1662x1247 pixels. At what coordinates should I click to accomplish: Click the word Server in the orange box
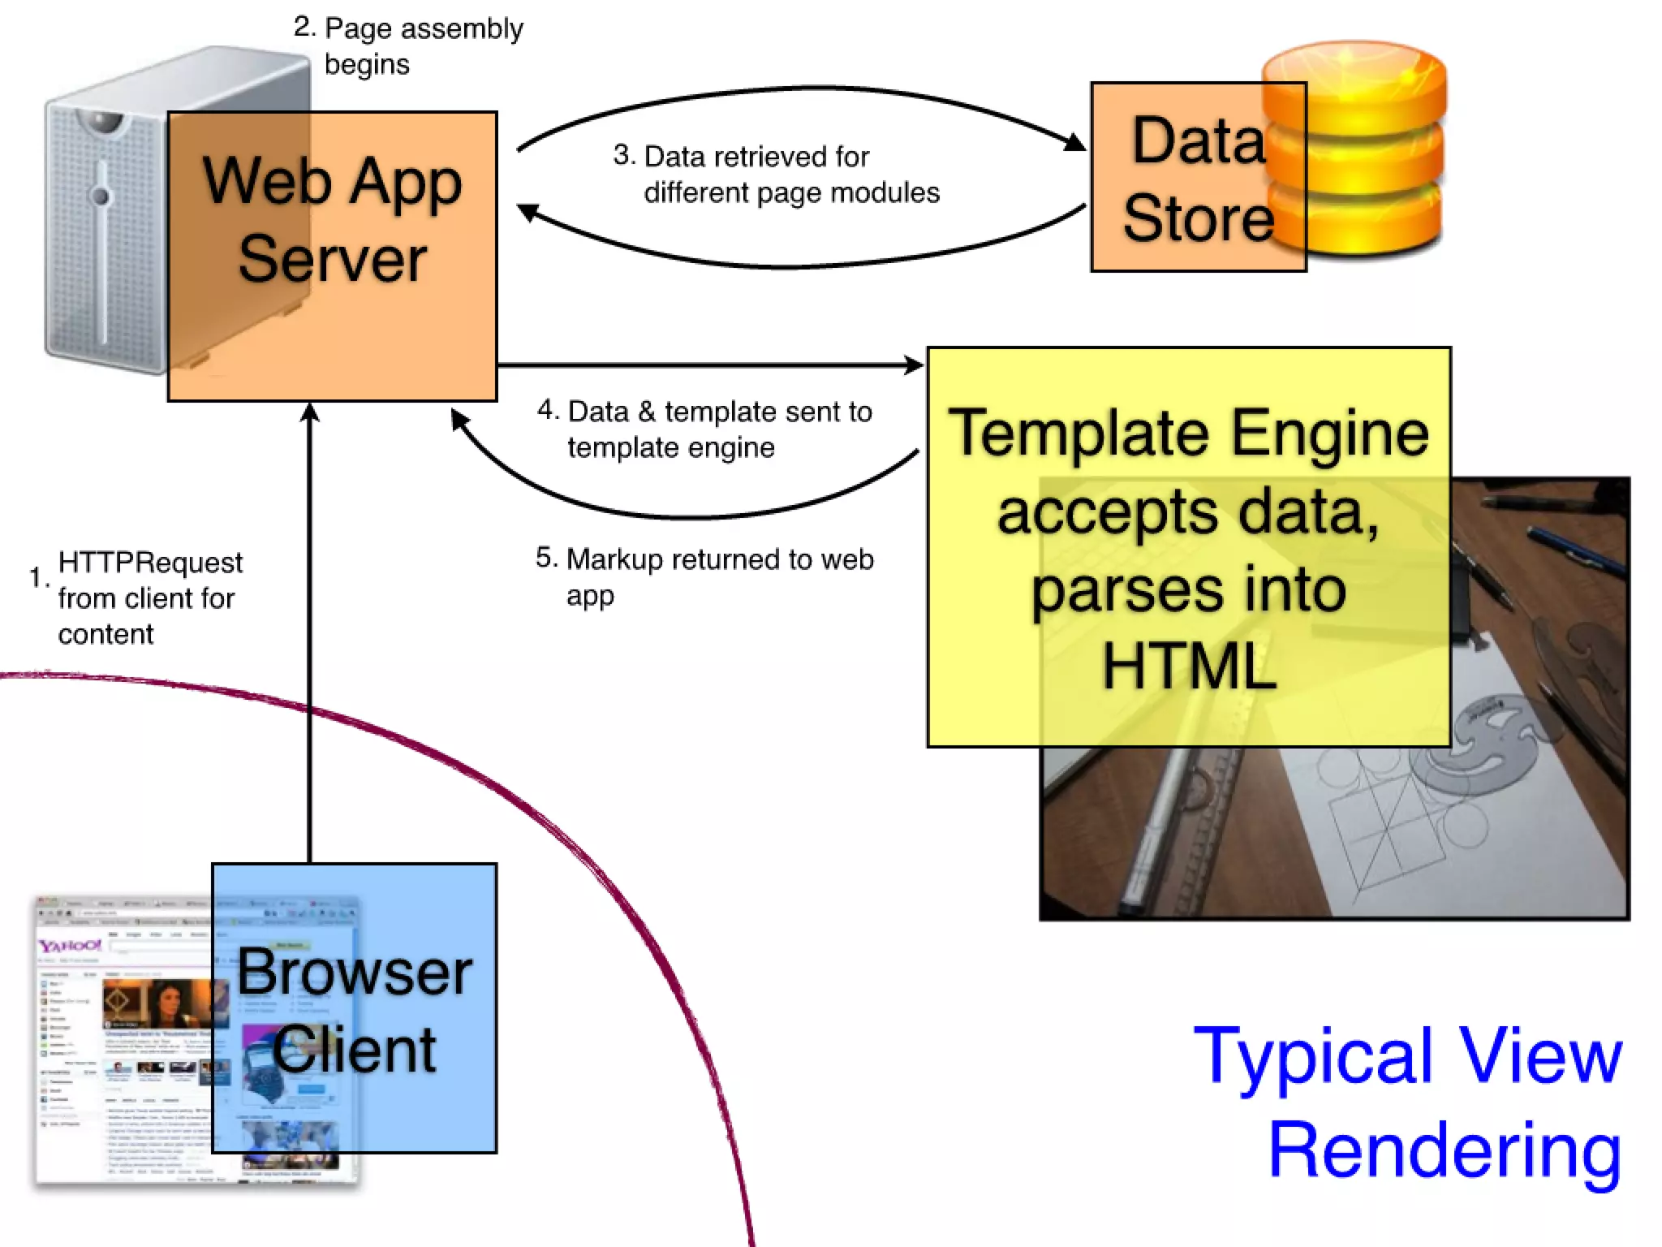pos(332,259)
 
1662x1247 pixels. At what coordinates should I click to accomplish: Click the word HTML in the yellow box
pos(1188,666)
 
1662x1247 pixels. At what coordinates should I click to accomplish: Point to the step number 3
pos(623,154)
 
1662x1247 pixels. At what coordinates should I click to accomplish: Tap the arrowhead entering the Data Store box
pos(1076,143)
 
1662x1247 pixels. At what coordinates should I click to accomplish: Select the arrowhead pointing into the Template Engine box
pos(914,365)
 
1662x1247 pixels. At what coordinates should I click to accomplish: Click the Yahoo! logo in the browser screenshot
pos(70,946)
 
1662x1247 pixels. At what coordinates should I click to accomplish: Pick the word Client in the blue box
pos(354,1049)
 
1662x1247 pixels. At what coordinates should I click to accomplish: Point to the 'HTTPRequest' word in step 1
pos(150,562)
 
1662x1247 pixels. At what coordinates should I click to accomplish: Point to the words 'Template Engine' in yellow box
pos(1188,434)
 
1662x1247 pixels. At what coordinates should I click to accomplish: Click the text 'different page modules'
pos(791,193)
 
